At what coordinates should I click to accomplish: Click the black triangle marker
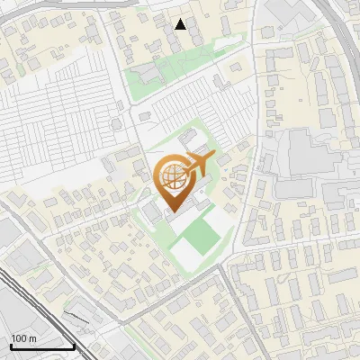(x=181, y=24)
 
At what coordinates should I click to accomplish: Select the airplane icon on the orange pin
(x=197, y=166)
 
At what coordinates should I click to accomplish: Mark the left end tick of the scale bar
(x=11, y=346)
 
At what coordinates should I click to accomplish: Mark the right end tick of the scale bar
(x=74, y=346)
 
